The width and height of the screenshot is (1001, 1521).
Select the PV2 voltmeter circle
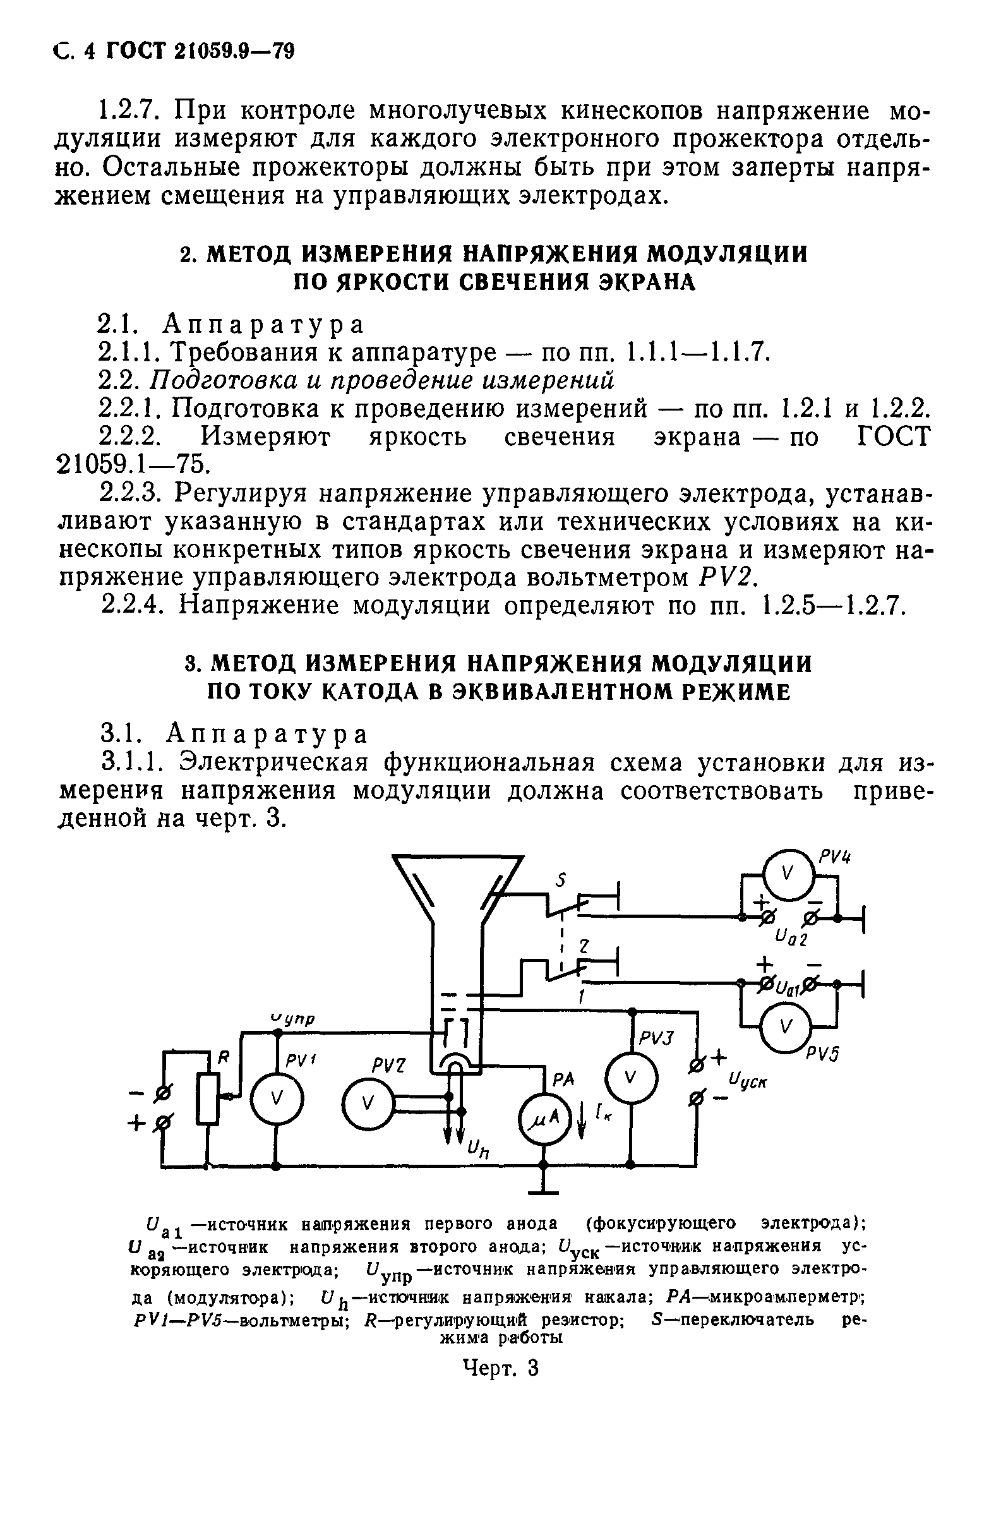click(368, 1102)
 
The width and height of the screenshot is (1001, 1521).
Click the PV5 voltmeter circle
click(786, 1027)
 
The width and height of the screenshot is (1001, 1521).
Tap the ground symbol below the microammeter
click(543, 1189)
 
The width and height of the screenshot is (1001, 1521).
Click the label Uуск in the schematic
click(747, 1082)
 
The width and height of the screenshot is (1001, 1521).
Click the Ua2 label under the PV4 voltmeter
click(790, 938)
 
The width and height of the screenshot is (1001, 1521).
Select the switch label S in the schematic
click(561, 881)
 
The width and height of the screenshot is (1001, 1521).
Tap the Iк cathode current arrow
click(582, 1122)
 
